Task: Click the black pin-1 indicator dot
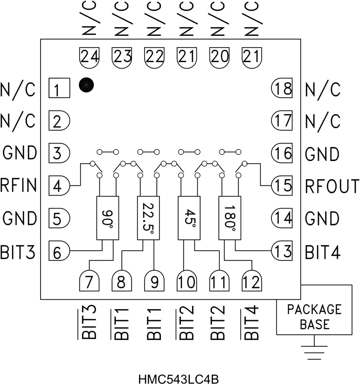click(87, 84)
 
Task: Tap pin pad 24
click(90, 56)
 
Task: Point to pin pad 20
click(219, 56)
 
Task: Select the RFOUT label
click(332, 186)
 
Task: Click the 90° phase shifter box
click(107, 218)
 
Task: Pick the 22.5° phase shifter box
click(148, 218)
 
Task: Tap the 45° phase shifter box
click(189, 218)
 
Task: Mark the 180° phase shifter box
click(230, 218)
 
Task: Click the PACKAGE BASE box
click(314, 316)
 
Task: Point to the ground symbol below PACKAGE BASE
click(314, 351)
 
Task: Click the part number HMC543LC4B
click(180, 377)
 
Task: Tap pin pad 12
click(252, 281)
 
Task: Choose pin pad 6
click(59, 252)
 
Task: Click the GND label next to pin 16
click(322, 153)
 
